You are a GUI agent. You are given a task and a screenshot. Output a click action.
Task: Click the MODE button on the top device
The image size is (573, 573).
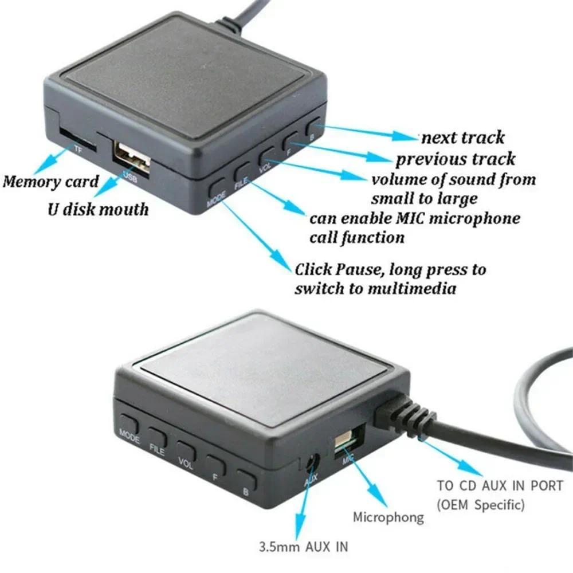(218, 186)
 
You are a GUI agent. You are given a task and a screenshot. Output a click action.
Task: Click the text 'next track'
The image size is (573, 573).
(463, 138)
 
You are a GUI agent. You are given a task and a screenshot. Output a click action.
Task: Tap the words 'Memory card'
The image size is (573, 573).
(50, 182)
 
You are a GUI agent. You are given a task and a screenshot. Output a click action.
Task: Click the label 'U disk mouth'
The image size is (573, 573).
(97, 209)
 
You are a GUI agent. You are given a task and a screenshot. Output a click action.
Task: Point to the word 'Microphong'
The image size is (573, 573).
(388, 517)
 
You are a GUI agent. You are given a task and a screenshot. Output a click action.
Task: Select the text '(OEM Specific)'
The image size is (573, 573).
(480, 505)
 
